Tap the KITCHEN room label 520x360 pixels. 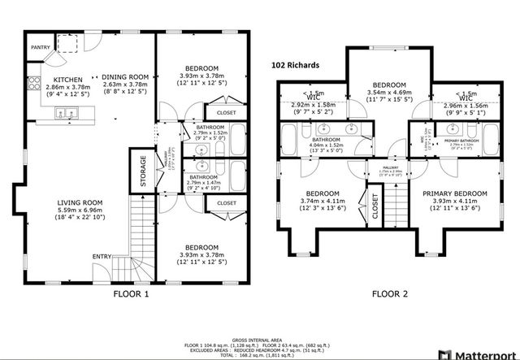67,78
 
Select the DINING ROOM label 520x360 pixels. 126,76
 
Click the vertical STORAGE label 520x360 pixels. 144,171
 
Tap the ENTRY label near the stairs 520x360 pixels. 102,258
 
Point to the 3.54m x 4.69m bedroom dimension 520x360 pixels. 388,93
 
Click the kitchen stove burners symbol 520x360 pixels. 35,82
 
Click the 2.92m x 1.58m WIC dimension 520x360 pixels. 313,105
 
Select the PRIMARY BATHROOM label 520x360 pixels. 461,141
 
